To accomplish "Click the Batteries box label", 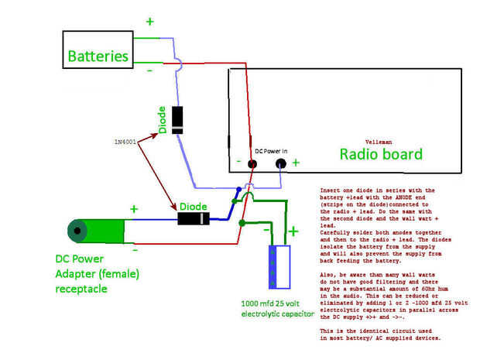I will click(98, 56).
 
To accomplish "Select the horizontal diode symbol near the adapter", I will click(193, 218).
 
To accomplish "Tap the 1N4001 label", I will click(125, 142).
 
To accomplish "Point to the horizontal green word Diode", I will click(192, 207).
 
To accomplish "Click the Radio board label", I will click(381, 154).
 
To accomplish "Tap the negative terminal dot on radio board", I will click(252, 163).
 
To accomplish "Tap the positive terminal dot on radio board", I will click(280, 163).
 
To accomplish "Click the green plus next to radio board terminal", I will click(295, 163).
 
